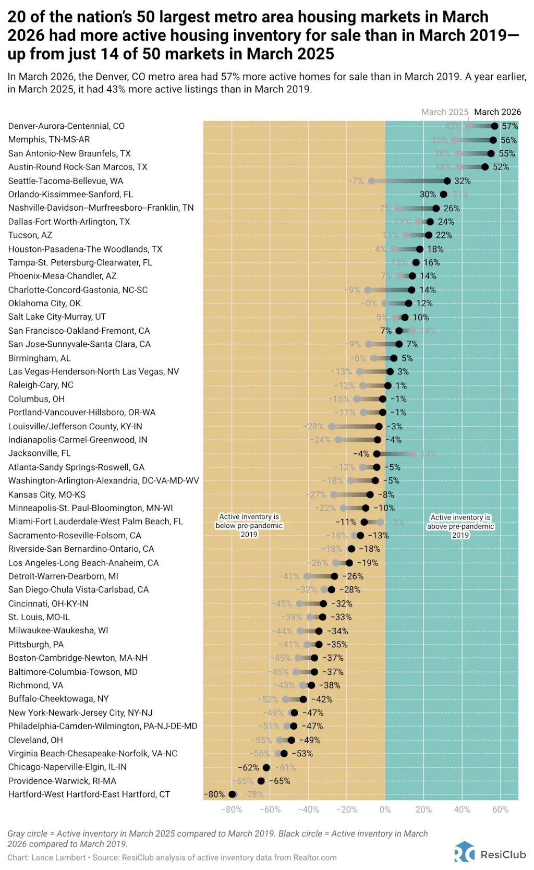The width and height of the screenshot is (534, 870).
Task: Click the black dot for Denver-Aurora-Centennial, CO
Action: [x=494, y=126]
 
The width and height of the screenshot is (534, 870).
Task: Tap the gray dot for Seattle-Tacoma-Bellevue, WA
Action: [x=371, y=181]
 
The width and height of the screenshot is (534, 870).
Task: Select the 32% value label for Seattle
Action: [x=462, y=181]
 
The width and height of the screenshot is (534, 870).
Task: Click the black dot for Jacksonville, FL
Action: [x=377, y=454]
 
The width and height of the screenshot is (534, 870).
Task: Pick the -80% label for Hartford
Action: [x=214, y=795]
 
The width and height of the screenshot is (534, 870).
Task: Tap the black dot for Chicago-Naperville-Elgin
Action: [x=266, y=768]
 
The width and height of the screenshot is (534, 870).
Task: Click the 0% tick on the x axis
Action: [x=385, y=809]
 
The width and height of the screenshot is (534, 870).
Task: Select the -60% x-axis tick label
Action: [x=270, y=809]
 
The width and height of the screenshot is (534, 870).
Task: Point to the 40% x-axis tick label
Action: [x=462, y=809]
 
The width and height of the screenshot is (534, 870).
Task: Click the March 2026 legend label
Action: [x=497, y=112]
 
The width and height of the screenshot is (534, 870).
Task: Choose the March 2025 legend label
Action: [x=445, y=112]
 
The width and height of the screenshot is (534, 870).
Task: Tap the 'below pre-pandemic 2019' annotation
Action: [x=249, y=525]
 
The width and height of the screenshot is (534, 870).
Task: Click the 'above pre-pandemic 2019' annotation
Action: [x=460, y=526]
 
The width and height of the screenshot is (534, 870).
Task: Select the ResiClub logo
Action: [x=490, y=854]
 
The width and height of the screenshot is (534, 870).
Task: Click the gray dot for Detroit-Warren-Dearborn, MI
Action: [x=307, y=576]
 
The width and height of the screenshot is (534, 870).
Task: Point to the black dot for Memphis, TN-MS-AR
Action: [x=493, y=140]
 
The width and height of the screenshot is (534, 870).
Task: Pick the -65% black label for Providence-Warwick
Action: [x=282, y=781]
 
